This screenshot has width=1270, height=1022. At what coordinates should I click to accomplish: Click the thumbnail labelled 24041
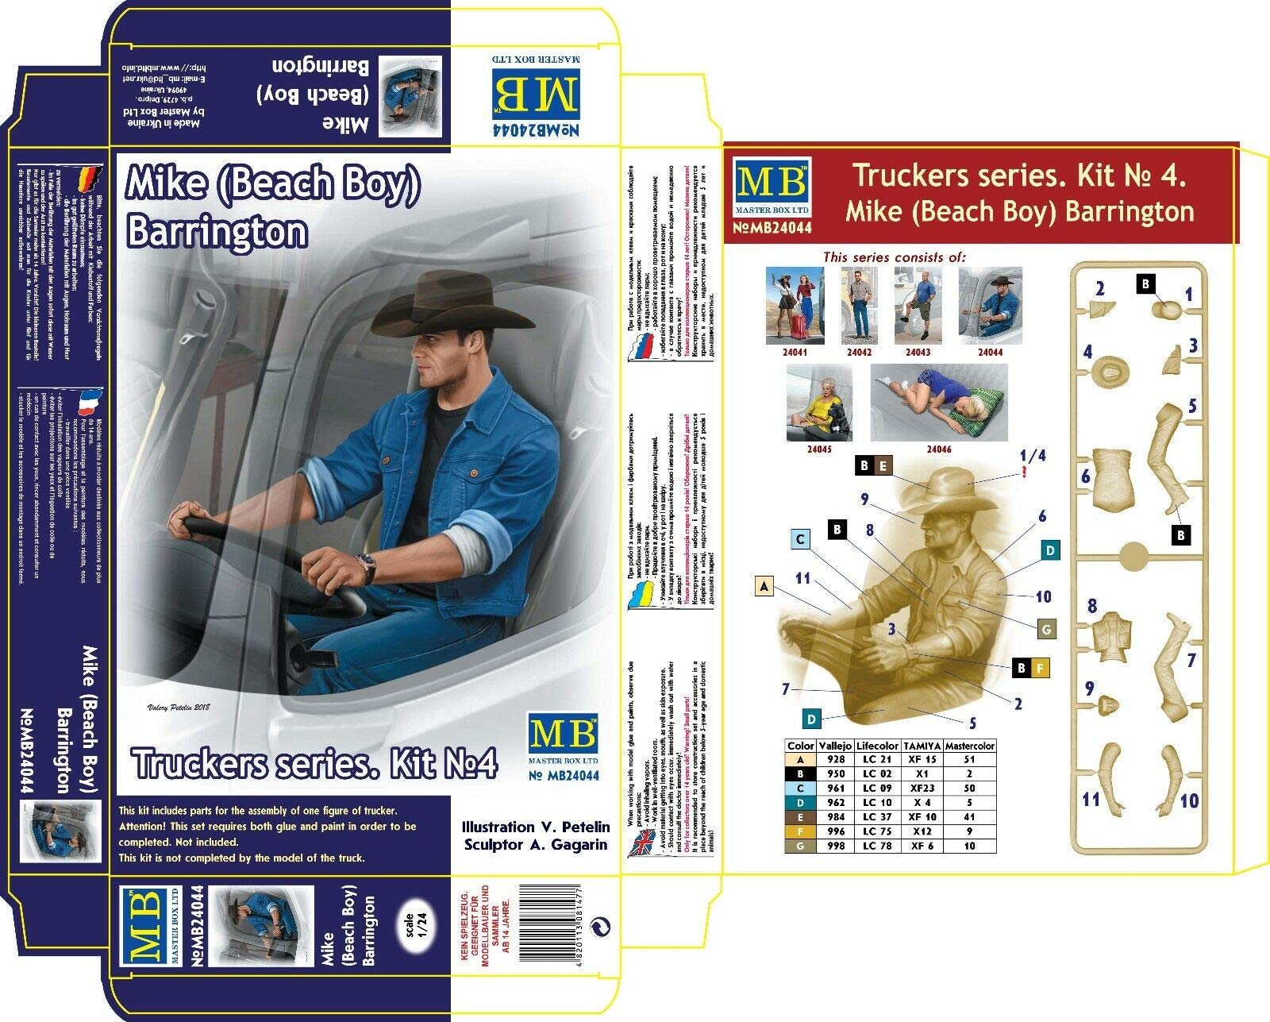coord(795,306)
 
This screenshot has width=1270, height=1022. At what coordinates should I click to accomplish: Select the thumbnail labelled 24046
coord(939,403)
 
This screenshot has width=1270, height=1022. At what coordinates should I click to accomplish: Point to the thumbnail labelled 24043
coord(918,306)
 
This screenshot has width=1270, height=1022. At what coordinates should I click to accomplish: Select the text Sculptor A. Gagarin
coord(536,844)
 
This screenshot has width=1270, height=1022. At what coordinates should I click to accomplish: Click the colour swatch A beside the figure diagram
coord(764,586)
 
